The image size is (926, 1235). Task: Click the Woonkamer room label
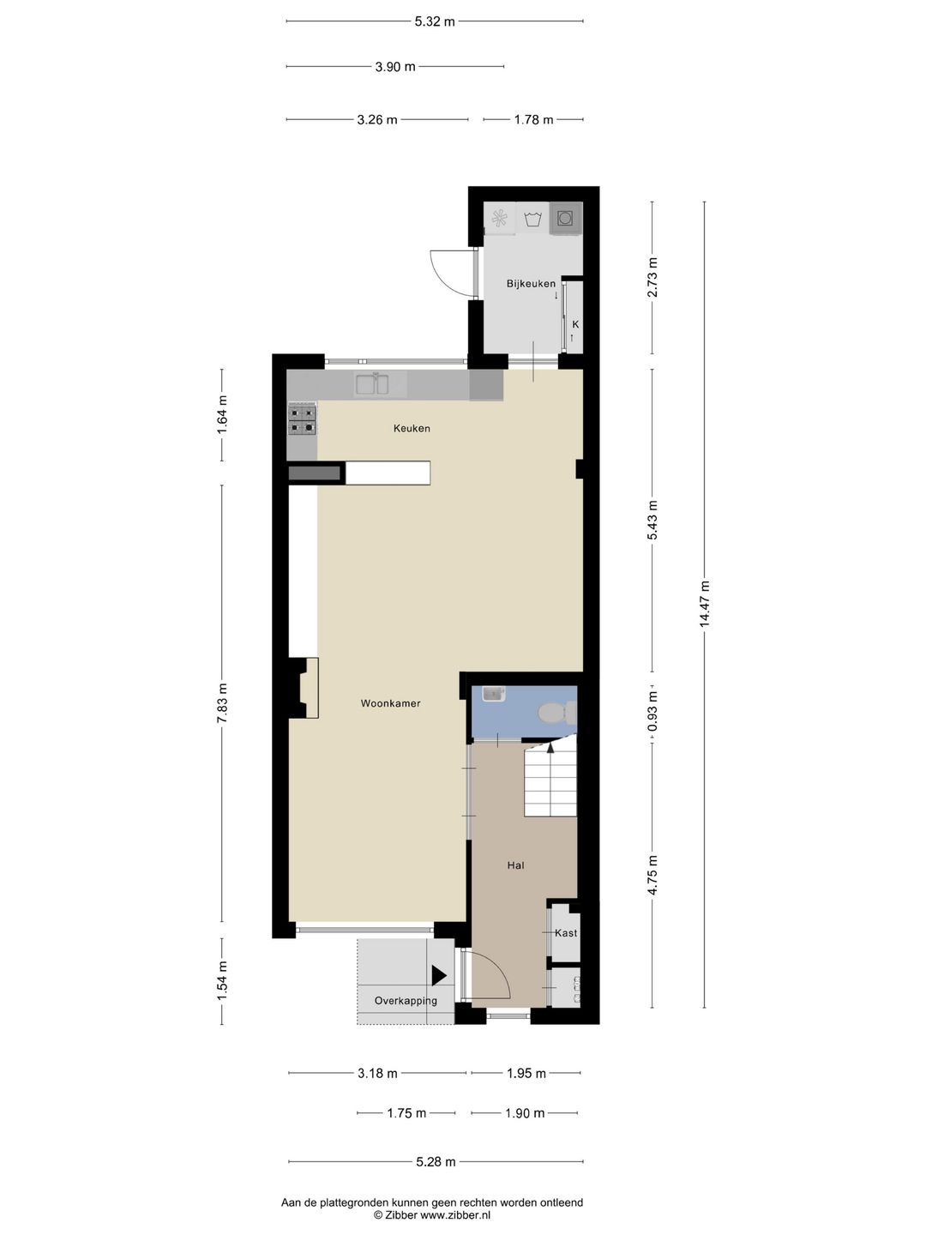390,703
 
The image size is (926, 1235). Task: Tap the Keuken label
412,428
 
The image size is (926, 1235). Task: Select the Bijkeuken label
531,283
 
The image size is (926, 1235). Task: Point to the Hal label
515,865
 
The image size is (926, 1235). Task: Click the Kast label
566,932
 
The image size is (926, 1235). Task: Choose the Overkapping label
406,1001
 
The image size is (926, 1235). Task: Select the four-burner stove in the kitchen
303,419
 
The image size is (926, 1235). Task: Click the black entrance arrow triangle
439,975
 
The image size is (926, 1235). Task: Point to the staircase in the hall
550,780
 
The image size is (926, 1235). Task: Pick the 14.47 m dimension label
705,604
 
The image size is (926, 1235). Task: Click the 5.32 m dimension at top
435,21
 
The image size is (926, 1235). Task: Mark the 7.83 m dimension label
222,703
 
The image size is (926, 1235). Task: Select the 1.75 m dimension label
406,1113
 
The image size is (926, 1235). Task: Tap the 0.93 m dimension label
652,712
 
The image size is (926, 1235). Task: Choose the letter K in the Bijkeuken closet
575,324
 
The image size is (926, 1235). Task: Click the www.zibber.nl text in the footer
455,1214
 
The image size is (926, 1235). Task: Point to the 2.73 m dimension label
652,277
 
